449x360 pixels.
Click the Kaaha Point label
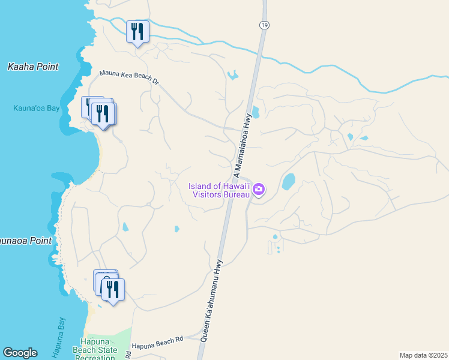[33, 67]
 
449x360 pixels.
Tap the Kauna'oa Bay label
[36, 109]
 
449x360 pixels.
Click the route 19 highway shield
[264, 25]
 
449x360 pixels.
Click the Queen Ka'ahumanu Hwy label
[212, 301]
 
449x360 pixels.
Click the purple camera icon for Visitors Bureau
[259, 190]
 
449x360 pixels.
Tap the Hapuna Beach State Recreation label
[99, 350]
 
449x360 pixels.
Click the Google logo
[20, 353]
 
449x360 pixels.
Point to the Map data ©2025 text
[423, 355]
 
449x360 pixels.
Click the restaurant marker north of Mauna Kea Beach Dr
[137, 32]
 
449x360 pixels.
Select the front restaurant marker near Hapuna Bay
[113, 290]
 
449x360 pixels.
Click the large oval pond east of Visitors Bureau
[289, 181]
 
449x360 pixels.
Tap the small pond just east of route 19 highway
[255, 112]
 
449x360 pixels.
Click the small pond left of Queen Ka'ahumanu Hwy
[176, 229]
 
